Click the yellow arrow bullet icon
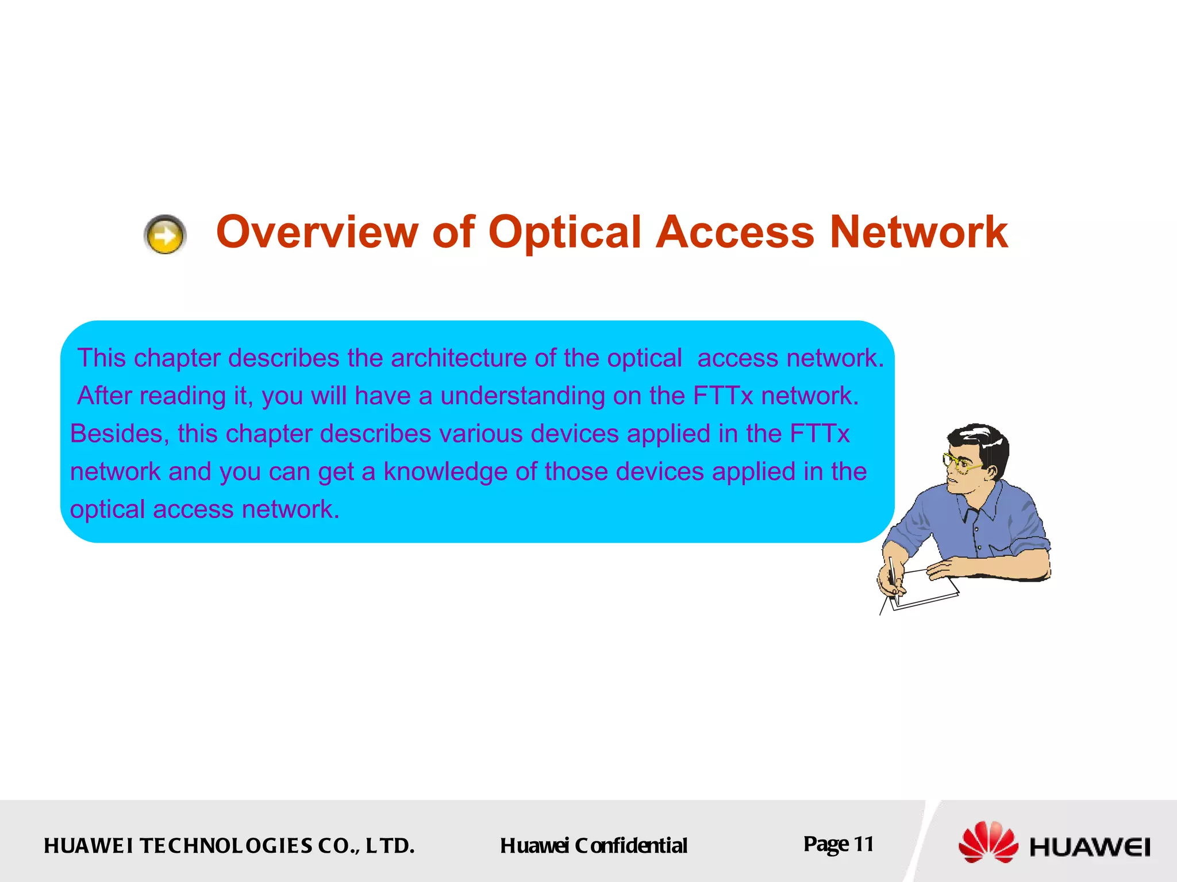[x=165, y=235]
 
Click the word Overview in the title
[x=317, y=232]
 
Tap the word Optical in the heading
[x=564, y=232]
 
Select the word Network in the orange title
[x=918, y=232]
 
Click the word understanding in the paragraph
[x=522, y=396]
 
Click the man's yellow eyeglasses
[x=959, y=462]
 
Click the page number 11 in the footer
[x=863, y=844]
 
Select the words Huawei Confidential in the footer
[x=593, y=846]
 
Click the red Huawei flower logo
[x=987, y=842]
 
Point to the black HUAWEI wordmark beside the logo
[x=1090, y=847]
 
